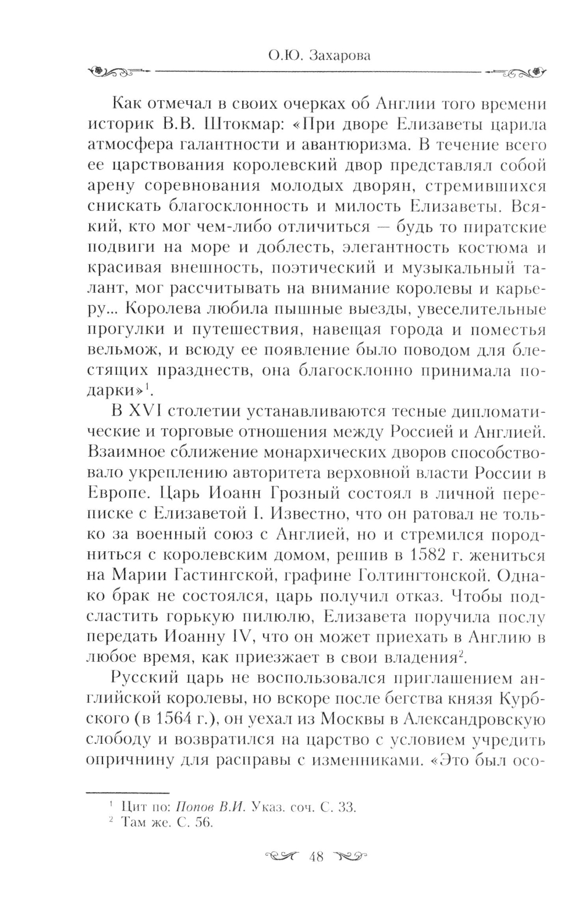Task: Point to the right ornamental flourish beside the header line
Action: (x=517, y=72)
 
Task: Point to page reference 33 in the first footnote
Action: (x=345, y=807)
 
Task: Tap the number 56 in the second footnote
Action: (x=203, y=823)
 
